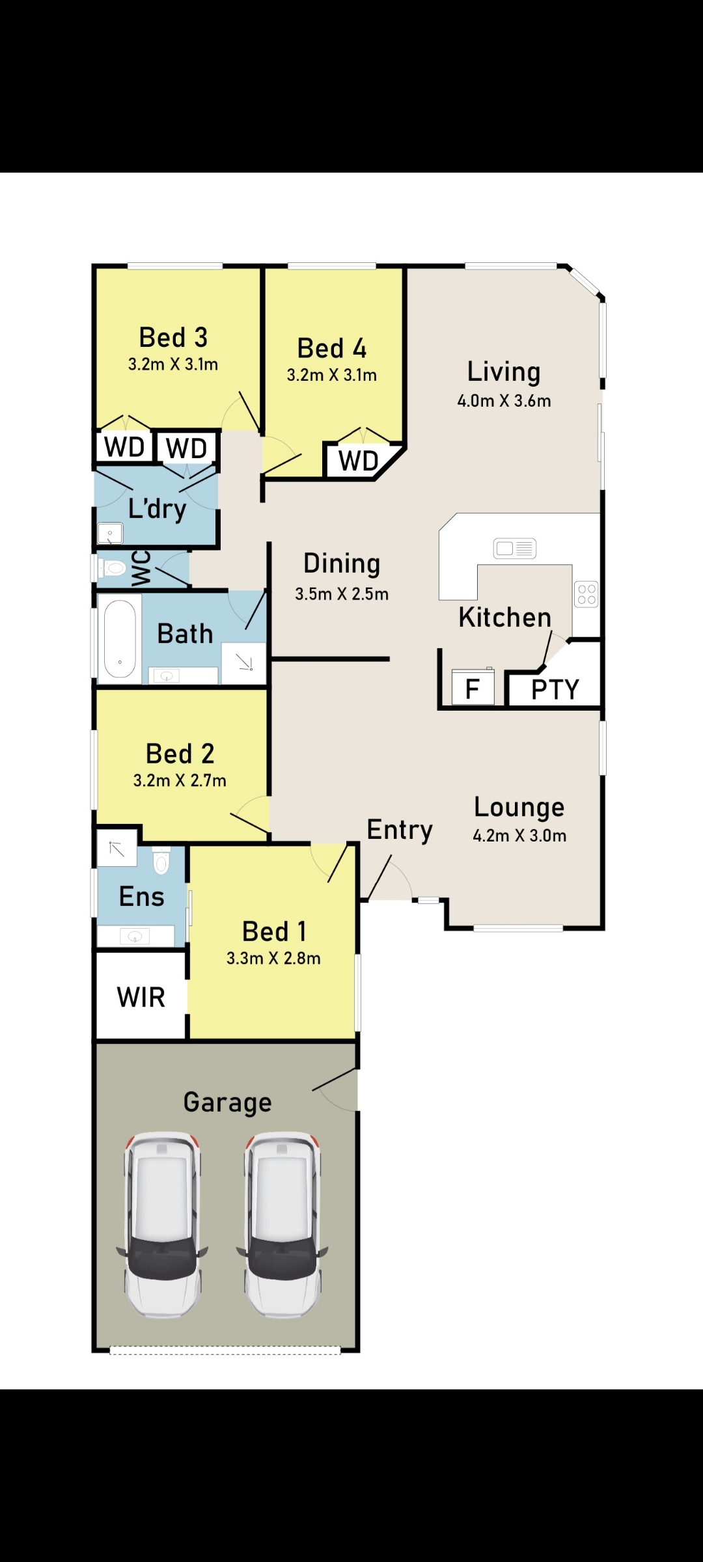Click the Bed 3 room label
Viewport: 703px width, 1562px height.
tap(173, 337)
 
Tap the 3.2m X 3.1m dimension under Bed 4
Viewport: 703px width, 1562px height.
tap(332, 375)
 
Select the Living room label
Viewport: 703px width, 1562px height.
tap(504, 372)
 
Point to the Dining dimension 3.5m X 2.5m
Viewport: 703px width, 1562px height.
tap(342, 594)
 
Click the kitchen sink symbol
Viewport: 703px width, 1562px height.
tap(515, 549)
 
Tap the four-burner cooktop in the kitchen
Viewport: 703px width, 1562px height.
tap(586, 594)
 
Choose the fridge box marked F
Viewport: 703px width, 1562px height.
tap(473, 687)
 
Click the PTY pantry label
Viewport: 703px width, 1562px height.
tap(555, 689)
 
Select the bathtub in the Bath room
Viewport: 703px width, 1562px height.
tap(120, 638)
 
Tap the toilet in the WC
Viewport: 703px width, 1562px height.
tap(112, 569)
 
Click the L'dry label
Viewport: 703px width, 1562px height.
tap(158, 508)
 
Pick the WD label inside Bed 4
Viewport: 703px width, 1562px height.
tap(359, 461)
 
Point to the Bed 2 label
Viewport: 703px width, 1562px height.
tap(180, 754)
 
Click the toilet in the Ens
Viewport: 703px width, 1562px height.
tap(161, 860)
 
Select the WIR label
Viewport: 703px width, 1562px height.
tap(141, 997)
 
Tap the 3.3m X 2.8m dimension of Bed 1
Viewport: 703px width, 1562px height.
tap(273, 958)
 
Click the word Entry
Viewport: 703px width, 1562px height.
tap(400, 830)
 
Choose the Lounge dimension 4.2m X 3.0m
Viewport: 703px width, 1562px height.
tap(519, 836)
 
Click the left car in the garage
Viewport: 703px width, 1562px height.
tap(162, 1225)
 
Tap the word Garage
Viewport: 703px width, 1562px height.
tap(227, 1103)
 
